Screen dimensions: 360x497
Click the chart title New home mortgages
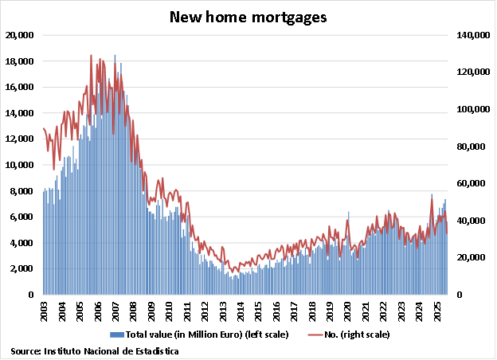pos(248,17)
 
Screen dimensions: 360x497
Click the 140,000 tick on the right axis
pos(470,35)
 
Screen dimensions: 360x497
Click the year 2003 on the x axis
pos(45,311)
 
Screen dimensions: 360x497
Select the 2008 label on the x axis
pos(135,311)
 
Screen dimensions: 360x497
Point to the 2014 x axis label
pos(241,311)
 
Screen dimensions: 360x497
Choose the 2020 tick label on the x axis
pos(348,311)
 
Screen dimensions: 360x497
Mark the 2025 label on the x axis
pos(437,311)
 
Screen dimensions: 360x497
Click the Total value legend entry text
pos(200,335)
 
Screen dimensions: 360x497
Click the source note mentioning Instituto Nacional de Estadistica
pos(95,350)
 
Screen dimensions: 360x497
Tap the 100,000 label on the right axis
pos(470,109)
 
